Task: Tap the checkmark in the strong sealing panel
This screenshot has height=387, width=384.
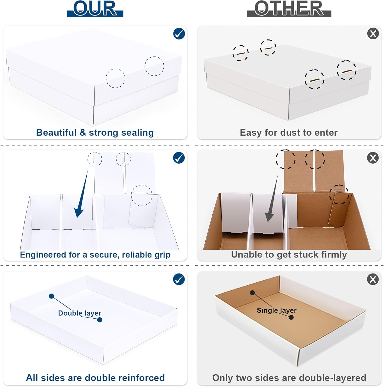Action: click(179, 34)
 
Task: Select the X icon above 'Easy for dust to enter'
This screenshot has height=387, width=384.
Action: click(373, 34)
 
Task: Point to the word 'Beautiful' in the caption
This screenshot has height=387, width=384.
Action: click(56, 132)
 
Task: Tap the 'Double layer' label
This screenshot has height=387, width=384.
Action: click(80, 313)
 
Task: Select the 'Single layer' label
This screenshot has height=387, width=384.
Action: click(277, 310)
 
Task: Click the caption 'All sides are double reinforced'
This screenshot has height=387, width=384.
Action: click(95, 378)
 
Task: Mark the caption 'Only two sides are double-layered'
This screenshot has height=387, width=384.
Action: click(289, 378)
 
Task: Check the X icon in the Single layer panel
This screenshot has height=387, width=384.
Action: click(373, 279)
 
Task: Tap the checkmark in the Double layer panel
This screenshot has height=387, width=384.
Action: click(179, 279)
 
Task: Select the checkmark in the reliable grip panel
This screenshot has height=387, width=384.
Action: click(179, 158)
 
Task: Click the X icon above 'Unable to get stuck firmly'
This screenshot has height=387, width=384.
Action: click(373, 158)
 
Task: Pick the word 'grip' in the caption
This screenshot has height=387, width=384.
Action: click(162, 255)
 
